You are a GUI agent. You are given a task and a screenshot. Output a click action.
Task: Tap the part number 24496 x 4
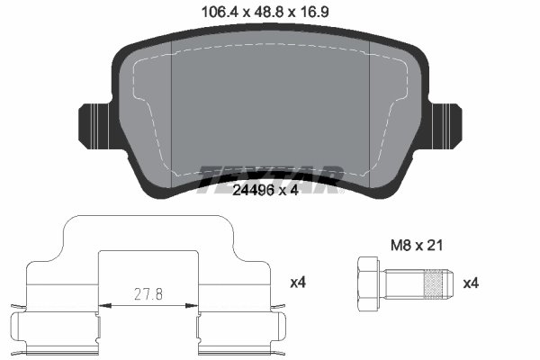[x=269, y=190]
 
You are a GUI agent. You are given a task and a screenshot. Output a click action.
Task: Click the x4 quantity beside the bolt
[x=470, y=283]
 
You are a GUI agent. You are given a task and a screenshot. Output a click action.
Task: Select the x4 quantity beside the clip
[x=299, y=283]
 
